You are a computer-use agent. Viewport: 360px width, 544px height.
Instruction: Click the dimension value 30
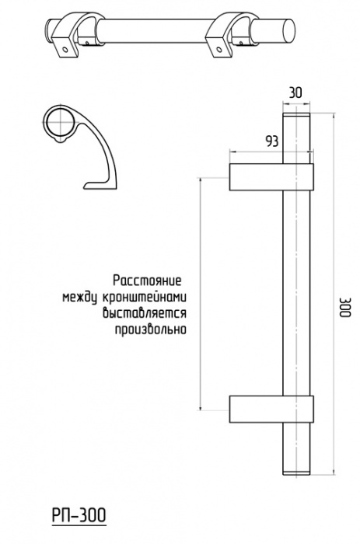tap(295, 93)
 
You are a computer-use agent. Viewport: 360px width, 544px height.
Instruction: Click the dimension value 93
tap(272, 141)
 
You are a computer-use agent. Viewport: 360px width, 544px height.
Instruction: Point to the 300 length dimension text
tap(345, 308)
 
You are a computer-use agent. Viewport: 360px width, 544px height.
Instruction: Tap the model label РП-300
tap(79, 515)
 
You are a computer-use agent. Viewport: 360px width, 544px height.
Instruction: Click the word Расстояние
tap(148, 281)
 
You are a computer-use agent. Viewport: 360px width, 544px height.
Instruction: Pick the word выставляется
tap(145, 313)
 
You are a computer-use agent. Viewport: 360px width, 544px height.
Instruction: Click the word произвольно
tap(151, 330)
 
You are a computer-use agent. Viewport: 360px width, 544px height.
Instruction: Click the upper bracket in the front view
tap(271, 177)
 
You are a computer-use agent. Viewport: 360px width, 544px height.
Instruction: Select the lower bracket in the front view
tap(271, 409)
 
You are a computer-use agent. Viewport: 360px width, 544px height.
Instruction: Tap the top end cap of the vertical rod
tap(296, 116)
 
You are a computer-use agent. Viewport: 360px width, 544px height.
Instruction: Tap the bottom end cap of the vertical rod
tap(296, 473)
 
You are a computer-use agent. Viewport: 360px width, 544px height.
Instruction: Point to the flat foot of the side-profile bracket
tap(99, 186)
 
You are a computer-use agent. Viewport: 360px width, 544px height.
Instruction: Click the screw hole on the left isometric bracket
tap(65, 49)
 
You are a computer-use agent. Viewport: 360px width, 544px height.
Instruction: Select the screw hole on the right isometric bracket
tap(218, 49)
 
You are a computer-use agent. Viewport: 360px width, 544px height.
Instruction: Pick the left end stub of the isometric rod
tap(51, 30)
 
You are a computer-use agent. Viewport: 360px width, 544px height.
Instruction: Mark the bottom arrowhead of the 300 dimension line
tap(334, 472)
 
